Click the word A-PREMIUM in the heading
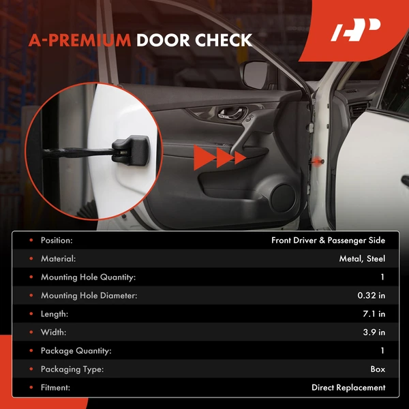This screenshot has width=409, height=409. tap(79, 40)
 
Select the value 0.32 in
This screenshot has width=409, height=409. tap(372, 295)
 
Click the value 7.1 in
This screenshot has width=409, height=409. tap(373, 314)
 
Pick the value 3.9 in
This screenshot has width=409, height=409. tap(373, 332)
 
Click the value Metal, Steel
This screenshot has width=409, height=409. tap(362, 258)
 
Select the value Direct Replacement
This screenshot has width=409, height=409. tap(348, 387)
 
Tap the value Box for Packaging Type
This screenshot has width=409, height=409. tap(378, 369)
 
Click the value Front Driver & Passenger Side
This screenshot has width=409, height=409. tap(328, 240)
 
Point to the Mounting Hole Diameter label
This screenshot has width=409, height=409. tap(89, 295)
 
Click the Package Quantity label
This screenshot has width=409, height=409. tap(76, 350)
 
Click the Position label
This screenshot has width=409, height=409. tap(57, 240)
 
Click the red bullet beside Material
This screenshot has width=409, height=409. tap(29, 258)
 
